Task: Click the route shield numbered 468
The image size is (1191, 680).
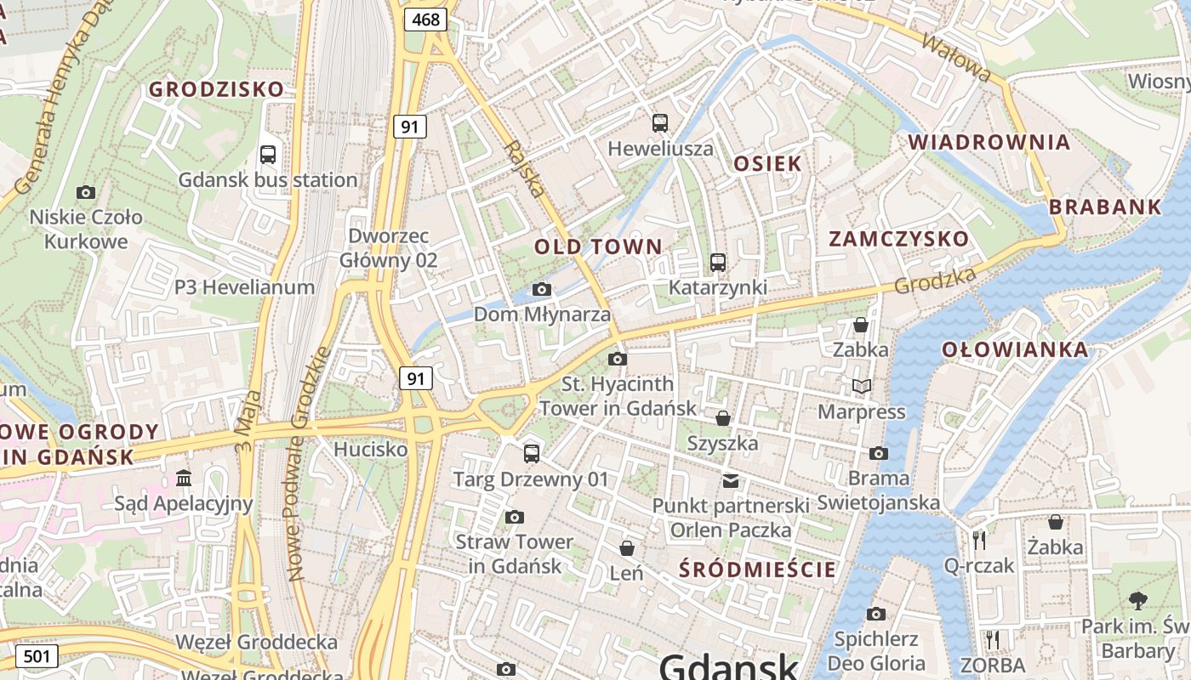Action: [x=425, y=19]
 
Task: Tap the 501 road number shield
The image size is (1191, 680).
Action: [x=36, y=656]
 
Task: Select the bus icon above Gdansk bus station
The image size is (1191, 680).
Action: [x=268, y=155]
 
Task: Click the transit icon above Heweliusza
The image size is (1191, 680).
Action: [x=660, y=123]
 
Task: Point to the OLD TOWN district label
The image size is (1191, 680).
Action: [x=598, y=247]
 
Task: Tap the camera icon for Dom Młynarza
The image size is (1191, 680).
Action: [x=542, y=290]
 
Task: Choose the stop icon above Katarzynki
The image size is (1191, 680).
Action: [x=718, y=263]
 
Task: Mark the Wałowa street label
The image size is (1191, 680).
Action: [x=956, y=58]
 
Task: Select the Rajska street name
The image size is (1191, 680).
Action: [x=524, y=168]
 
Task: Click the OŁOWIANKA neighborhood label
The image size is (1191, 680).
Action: [x=1015, y=349]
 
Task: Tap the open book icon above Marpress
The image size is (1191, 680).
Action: [x=862, y=387]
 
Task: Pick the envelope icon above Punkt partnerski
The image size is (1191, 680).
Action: [x=731, y=481]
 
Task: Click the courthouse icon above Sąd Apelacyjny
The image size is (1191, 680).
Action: [x=184, y=479]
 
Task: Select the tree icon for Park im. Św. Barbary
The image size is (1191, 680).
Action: [x=1138, y=601]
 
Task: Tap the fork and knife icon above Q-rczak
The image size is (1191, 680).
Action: [x=979, y=540]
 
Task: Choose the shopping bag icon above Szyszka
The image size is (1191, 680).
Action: [x=722, y=418]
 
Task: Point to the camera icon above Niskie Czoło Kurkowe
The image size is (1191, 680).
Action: [x=86, y=192]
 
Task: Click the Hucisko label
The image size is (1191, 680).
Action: [x=370, y=449]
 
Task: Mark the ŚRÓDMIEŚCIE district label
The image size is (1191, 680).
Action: [x=758, y=569]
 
